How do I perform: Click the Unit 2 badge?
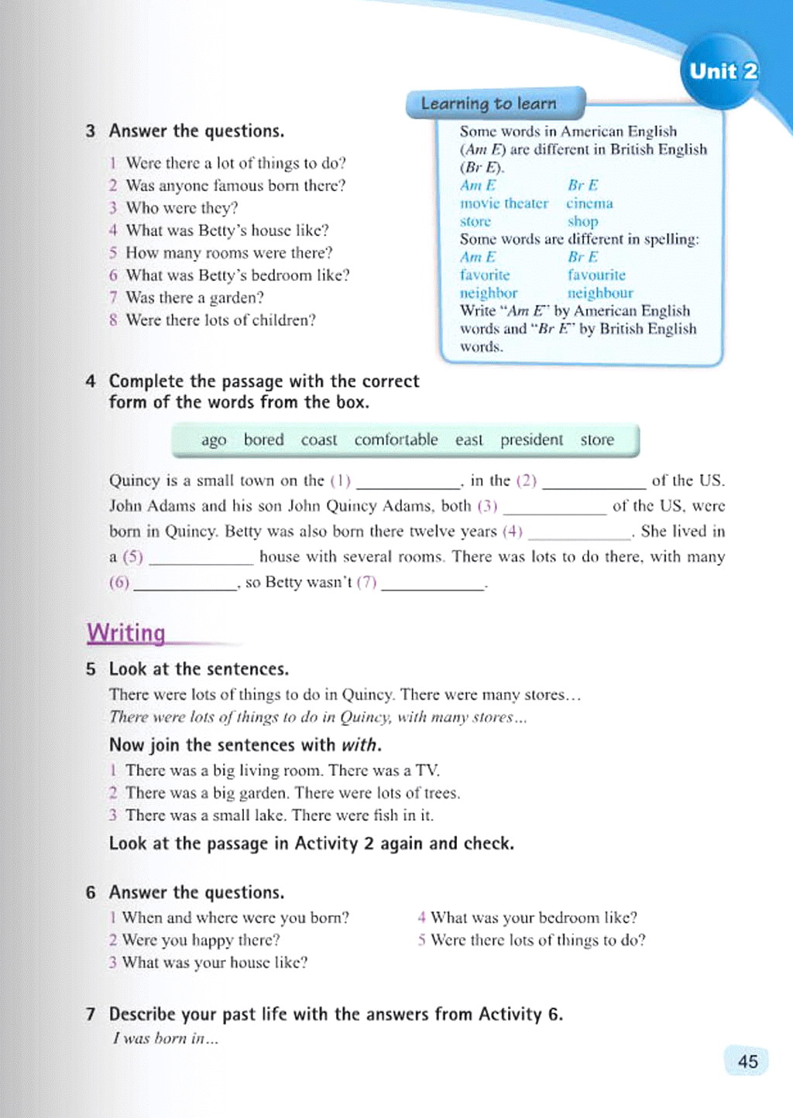click(723, 72)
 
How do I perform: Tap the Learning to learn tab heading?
click(489, 104)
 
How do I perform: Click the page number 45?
click(747, 1062)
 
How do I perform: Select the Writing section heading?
click(126, 633)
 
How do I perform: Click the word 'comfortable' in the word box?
click(396, 439)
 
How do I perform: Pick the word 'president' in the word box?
click(531, 439)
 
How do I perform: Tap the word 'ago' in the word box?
click(214, 440)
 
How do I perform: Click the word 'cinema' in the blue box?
click(589, 203)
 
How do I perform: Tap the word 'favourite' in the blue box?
click(596, 275)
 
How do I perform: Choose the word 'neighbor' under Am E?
click(488, 293)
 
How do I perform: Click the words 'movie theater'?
click(503, 203)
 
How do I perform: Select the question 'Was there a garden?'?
click(194, 298)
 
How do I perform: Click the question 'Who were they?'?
click(182, 208)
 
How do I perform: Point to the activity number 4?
click(91, 381)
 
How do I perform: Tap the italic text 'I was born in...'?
click(166, 1038)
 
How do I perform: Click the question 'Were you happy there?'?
click(201, 940)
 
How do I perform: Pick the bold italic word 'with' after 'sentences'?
click(360, 745)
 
